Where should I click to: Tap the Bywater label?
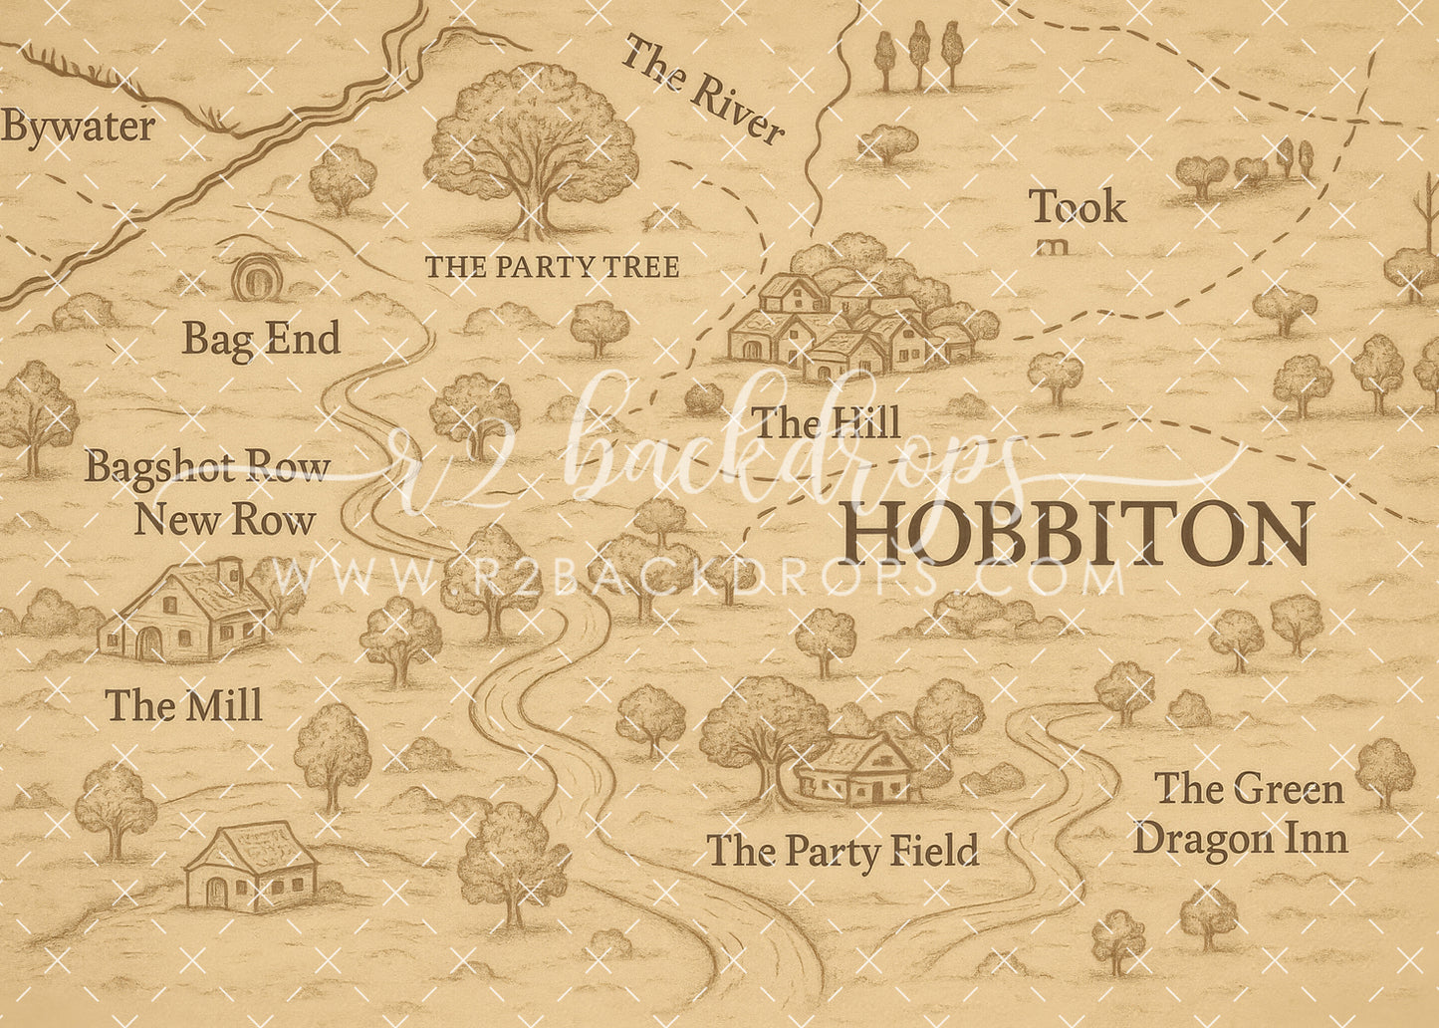[78, 128]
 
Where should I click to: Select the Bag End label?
[261, 340]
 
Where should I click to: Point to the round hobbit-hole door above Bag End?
[256, 277]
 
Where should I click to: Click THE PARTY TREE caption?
[552, 267]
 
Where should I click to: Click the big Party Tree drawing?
[532, 149]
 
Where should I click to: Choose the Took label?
[1078, 208]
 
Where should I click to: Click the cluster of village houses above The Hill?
[851, 309]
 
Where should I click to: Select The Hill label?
[827, 423]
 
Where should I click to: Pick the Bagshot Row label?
[206, 466]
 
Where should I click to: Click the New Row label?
[225, 520]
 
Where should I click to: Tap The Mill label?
[184, 706]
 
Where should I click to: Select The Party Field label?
[842, 852]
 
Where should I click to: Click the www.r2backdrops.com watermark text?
[697, 578]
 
